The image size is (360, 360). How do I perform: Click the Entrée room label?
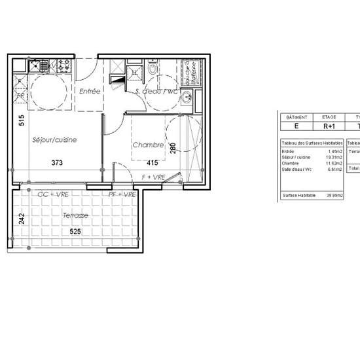point(90,92)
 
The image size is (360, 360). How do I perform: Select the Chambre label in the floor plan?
point(147,145)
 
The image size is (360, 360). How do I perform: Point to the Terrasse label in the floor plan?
point(76,215)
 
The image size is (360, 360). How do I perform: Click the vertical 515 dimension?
point(22,120)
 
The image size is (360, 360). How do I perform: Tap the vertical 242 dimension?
point(21,219)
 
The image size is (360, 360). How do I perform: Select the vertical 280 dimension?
point(173,149)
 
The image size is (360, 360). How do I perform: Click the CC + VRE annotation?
point(54,194)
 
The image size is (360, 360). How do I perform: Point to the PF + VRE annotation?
point(122,194)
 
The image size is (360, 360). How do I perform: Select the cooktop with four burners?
point(64,65)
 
